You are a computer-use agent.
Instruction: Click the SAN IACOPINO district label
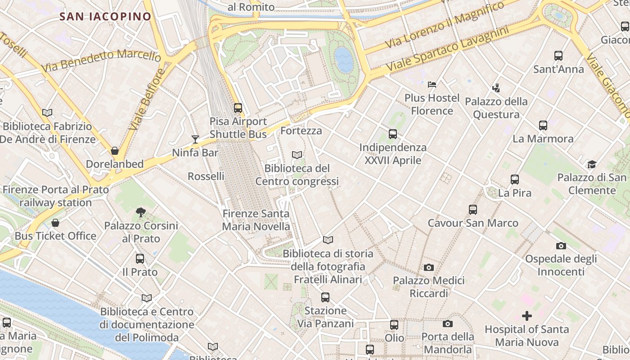[x=105, y=17]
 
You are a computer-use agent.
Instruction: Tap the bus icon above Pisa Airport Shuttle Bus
[x=238, y=108]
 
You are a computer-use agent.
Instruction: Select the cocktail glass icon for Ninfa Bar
[x=195, y=139]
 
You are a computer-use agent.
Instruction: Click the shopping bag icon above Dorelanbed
[x=115, y=151]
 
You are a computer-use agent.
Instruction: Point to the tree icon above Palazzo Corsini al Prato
[x=141, y=212]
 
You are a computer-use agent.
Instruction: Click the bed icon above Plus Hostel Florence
[x=432, y=84]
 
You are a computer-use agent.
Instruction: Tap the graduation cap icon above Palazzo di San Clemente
[x=592, y=164]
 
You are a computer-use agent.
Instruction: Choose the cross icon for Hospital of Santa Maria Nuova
[x=526, y=316]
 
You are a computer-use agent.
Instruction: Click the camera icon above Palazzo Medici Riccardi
[x=429, y=267]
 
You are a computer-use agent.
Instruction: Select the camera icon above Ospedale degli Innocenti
[x=561, y=246]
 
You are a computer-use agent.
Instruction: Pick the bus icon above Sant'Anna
[x=558, y=56]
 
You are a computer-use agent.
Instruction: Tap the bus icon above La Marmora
[x=543, y=126]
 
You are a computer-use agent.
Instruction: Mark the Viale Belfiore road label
[x=147, y=100]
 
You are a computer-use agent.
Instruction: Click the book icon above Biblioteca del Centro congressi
[x=297, y=155]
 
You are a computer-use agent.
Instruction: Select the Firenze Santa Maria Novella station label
[x=256, y=220]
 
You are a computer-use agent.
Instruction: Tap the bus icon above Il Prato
[x=140, y=259]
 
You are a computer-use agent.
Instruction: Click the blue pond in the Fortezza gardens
[x=344, y=60]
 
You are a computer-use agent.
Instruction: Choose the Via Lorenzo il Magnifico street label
[x=445, y=24]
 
